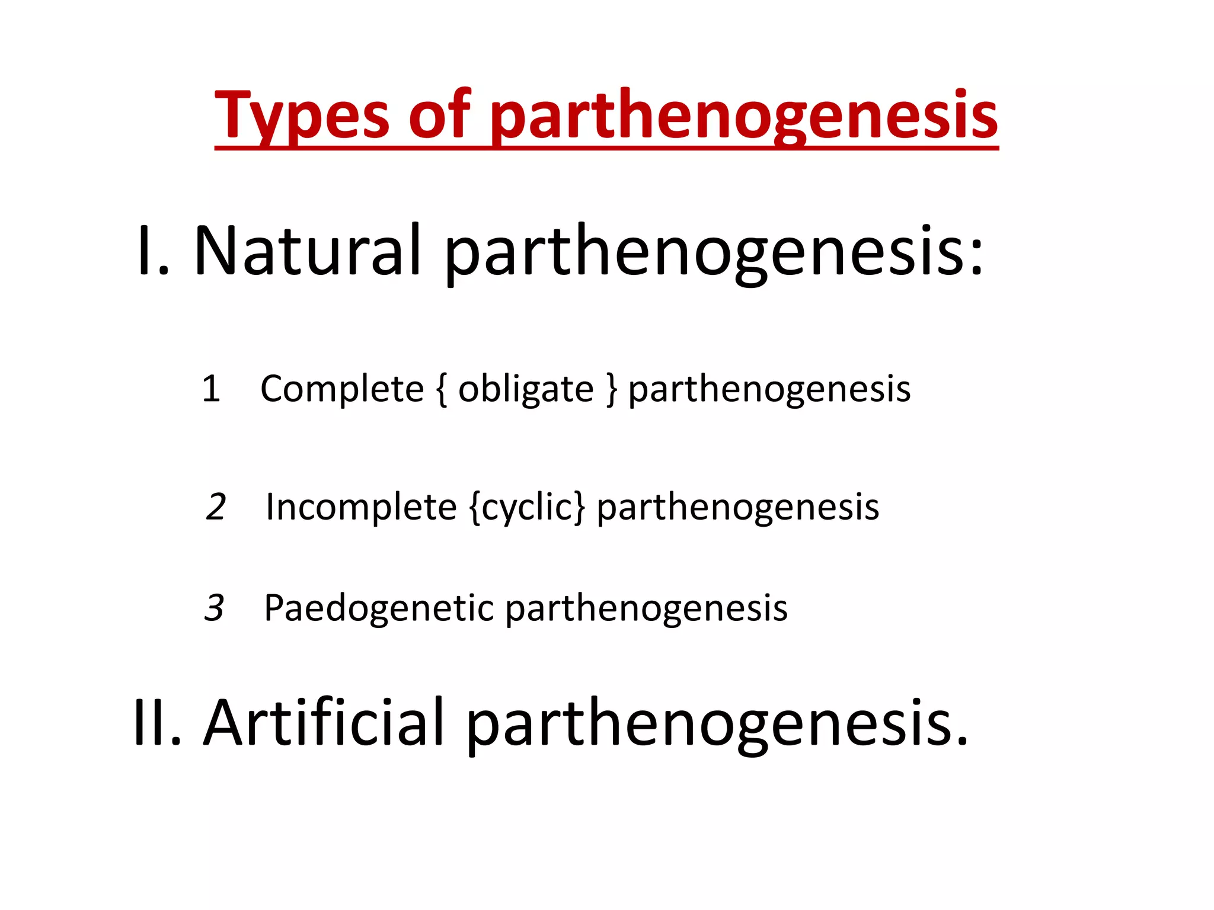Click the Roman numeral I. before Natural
point(152,251)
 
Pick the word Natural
point(308,251)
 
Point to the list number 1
point(211,389)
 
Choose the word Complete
point(342,389)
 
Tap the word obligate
point(526,389)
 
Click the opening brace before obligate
point(441,389)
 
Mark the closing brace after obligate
point(611,389)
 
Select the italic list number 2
point(216,507)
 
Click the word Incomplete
point(361,507)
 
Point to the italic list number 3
point(214,608)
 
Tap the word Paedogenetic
point(379,608)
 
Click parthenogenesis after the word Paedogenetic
point(646,608)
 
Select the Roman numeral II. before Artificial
point(157,723)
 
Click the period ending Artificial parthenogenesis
point(961,741)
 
